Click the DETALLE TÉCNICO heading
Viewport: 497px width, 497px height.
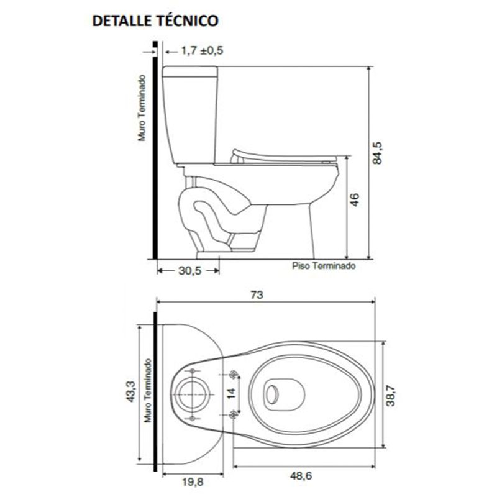point(155,21)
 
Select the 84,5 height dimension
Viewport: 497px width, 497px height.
point(377,153)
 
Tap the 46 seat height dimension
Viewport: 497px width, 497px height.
point(355,199)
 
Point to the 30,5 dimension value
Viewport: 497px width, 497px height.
point(190,271)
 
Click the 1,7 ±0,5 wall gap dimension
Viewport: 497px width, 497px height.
point(203,50)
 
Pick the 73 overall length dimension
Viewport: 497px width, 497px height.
point(257,295)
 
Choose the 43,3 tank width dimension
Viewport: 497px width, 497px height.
point(131,392)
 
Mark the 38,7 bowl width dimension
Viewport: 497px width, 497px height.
point(391,394)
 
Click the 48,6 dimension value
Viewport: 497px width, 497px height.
point(301,476)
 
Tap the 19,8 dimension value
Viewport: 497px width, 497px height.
point(193,482)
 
